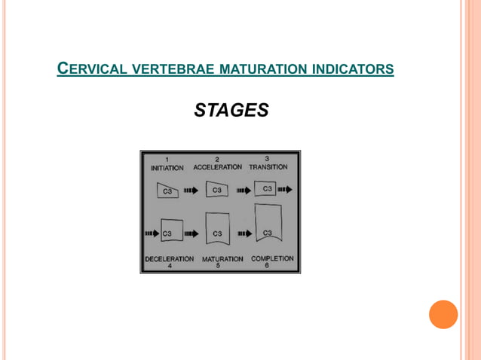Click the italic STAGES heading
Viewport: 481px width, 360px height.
(231, 111)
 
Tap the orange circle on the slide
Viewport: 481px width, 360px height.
(443, 314)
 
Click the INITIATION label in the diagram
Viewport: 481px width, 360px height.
(167, 167)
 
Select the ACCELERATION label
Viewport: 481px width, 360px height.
(218, 166)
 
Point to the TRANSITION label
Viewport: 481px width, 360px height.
(268, 166)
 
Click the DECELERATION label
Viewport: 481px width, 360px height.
(169, 258)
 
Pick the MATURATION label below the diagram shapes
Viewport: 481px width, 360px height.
(222, 258)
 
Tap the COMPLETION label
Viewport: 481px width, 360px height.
(272, 258)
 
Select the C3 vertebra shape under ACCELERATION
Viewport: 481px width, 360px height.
(218, 190)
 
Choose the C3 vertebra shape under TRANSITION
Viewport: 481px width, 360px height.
(267, 188)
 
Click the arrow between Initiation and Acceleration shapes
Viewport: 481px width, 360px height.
(191, 191)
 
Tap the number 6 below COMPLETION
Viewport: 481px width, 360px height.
(267, 265)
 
